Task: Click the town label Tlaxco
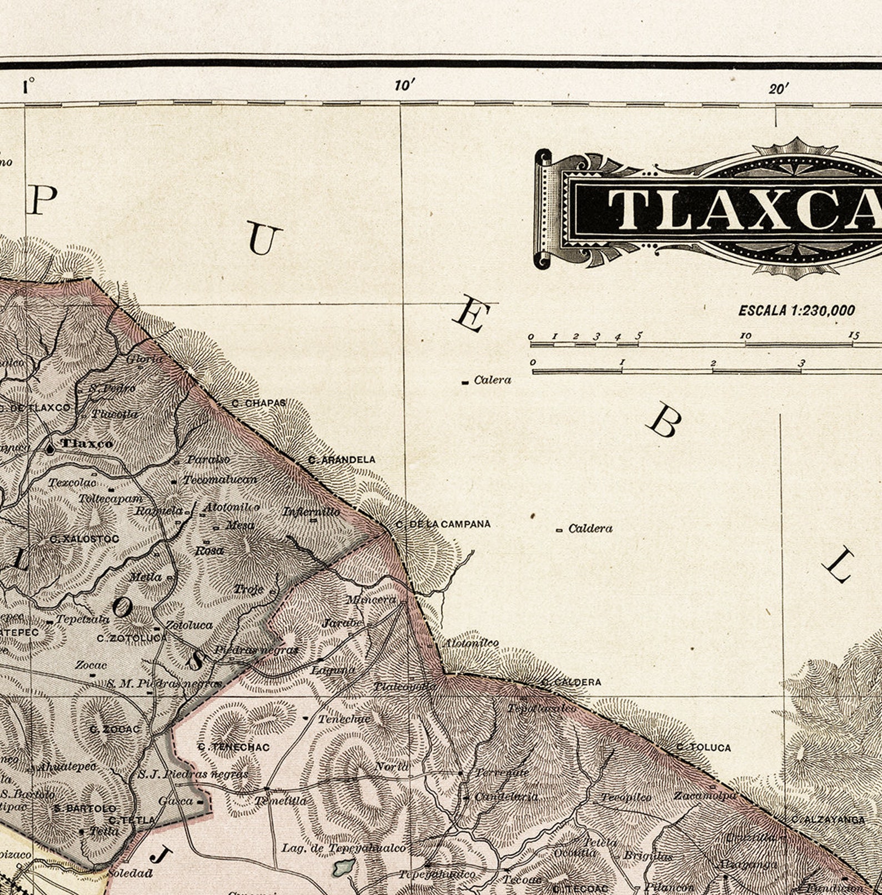87,443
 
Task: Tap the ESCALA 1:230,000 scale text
796,310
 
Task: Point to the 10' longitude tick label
405,86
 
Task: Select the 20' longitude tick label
779,88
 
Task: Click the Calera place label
492,380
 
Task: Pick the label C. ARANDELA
342,460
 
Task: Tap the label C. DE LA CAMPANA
443,524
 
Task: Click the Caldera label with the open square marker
590,529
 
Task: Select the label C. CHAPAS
258,403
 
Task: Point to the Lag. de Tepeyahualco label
343,848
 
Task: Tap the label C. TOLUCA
703,747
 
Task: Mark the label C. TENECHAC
233,747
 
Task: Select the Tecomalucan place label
220,479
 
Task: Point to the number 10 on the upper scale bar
745,336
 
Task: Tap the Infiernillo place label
311,511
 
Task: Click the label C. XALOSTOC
84,539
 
